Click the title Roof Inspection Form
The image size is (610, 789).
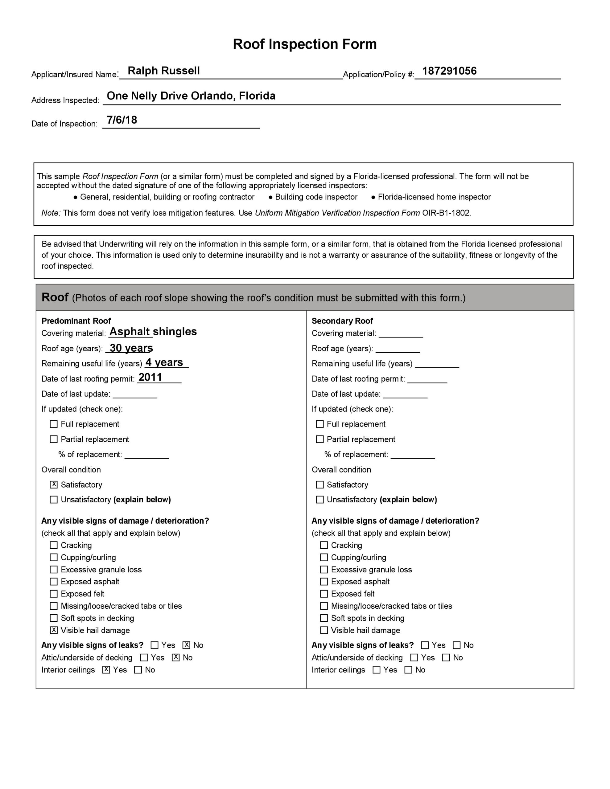tap(304, 44)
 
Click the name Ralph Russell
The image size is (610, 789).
tap(163, 71)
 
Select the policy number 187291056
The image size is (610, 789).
tap(449, 71)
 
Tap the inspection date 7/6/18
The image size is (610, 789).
tap(122, 120)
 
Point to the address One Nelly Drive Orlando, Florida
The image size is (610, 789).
tap(191, 96)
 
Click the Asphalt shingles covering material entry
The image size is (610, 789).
tap(153, 331)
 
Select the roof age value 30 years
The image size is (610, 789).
tap(131, 348)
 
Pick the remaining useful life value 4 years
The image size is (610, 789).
tap(164, 362)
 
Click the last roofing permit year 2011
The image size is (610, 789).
tap(150, 377)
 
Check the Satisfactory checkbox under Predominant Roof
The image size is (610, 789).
tap(54, 484)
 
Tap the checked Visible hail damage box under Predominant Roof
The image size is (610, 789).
tap(54, 630)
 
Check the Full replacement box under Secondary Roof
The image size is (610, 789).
tap(319, 424)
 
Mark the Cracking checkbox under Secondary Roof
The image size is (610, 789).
tap(324, 545)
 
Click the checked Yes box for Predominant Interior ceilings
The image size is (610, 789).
tap(106, 670)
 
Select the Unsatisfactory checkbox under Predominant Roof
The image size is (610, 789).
tap(54, 500)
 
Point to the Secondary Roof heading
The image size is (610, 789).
tap(342, 321)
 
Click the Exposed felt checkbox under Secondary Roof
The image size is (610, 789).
tap(324, 594)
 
